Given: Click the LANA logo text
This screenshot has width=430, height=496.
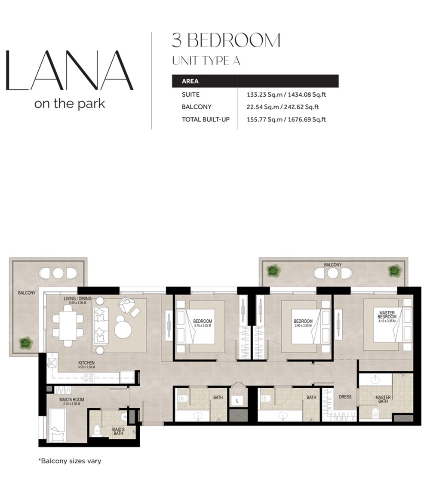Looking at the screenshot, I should tap(69, 70).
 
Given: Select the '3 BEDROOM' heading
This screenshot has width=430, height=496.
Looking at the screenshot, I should tap(226, 40).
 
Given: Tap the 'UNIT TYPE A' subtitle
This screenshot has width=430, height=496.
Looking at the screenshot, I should tap(206, 61).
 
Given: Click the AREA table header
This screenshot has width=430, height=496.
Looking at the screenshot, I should tap(190, 81).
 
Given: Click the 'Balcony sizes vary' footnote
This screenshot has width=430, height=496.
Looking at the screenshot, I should tap(70, 461).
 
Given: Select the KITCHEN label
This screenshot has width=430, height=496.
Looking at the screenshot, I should tap(86, 363).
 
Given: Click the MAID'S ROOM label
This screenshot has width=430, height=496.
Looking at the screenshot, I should tap(72, 400).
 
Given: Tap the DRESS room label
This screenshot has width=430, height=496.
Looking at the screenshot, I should tap(345, 397).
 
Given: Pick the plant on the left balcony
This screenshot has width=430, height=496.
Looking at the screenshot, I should tap(26, 343).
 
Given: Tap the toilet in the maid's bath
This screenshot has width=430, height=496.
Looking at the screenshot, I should tap(96, 430).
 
